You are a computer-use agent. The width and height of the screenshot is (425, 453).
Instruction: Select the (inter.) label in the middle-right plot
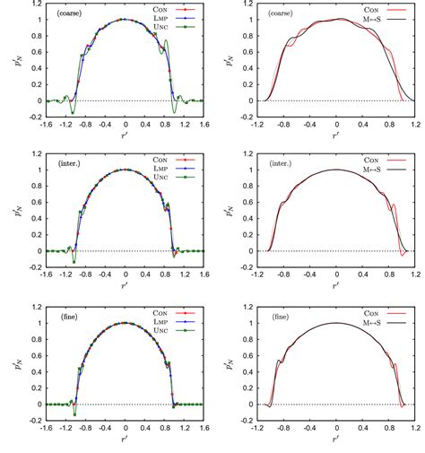(260, 166)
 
